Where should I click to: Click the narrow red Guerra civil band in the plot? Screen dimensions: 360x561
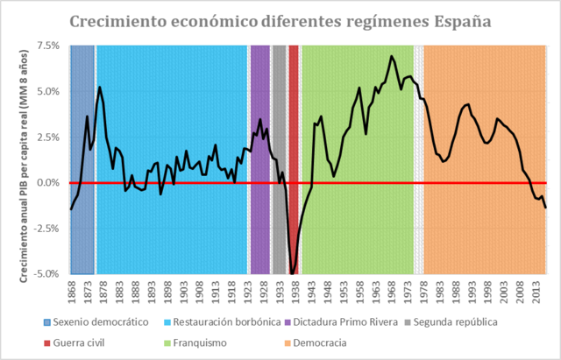[294, 158]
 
